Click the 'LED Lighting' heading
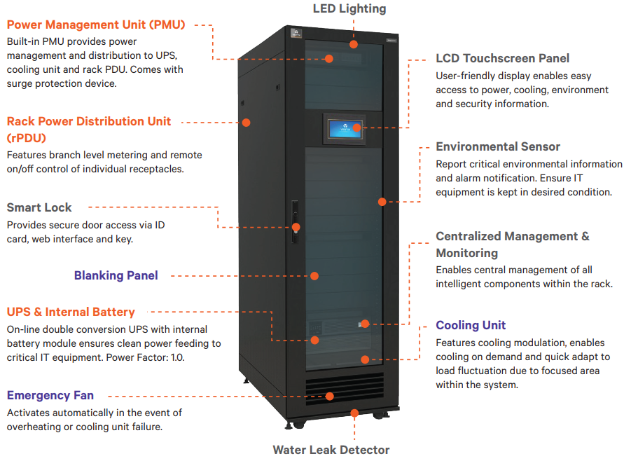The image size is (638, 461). (x=349, y=8)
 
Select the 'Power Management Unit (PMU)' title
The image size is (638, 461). (x=96, y=25)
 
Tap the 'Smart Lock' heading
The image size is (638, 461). (x=39, y=207)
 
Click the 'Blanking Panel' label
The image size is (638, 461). (x=116, y=275)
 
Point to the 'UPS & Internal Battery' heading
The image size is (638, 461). (x=71, y=312)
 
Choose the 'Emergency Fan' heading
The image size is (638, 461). (x=50, y=395)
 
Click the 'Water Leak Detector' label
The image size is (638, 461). (x=331, y=450)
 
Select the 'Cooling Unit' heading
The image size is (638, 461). (x=471, y=325)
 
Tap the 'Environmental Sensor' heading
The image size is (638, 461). (x=498, y=146)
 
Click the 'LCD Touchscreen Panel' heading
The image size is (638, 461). (x=502, y=58)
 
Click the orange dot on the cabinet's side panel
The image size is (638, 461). (x=247, y=123)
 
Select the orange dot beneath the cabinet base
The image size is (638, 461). (x=354, y=413)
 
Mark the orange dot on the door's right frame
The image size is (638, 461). (x=382, y=202)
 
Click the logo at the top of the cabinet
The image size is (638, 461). (x=296, y=32)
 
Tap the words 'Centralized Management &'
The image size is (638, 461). (x=513, y=236)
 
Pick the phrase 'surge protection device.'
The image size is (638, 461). (x=62, y=83)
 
